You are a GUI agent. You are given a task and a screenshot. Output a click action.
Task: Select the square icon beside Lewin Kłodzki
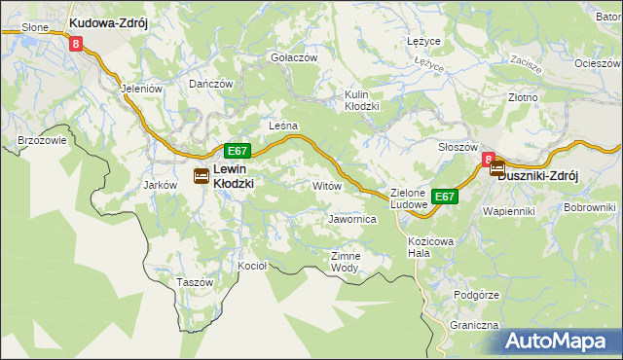pos(201,176)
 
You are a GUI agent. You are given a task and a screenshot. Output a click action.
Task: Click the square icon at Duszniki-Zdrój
pos(496,168)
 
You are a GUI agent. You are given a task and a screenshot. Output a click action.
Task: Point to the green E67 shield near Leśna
pos(238,151)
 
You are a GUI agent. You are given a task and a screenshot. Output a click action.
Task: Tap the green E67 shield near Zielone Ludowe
pos(445,197)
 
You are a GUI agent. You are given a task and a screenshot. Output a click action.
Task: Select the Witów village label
pos(326,185)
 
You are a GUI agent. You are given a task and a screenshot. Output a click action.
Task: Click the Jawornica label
pos(352,220)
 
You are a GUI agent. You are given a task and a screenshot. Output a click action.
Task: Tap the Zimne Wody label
pos(346,262)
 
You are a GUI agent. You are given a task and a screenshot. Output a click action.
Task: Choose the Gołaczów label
pos(294,57)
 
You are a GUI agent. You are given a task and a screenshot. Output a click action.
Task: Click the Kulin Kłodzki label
pos(361,100)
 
